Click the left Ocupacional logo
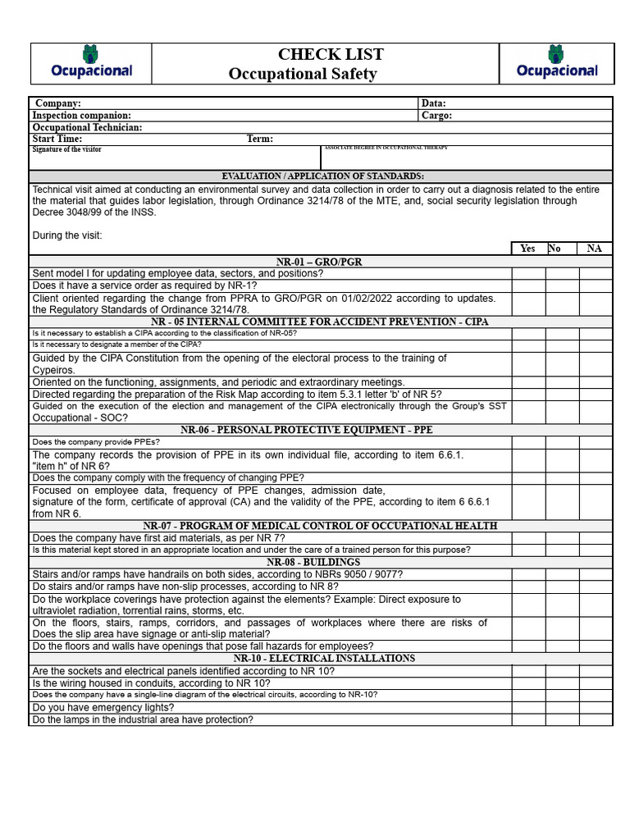tap(91, 62)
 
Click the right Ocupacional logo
tap(557, 62)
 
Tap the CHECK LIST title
tap(331, 55)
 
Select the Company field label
tap(58, 103)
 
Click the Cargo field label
tap(436, 116)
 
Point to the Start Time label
tap(57, 139)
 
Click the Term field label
tap(260, 139)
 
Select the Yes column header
tap(528, 249)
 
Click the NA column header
tap(594, 249)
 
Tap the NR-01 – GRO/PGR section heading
tap(319, 262)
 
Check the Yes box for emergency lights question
tap(528, 707)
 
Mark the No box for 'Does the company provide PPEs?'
tap(562, 442)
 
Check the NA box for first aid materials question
tap(596, 538)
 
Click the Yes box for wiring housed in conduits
tap(528, 682)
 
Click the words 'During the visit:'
tap(67, 235)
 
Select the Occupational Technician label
tap(87, 128)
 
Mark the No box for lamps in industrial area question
tap(562, 719)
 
